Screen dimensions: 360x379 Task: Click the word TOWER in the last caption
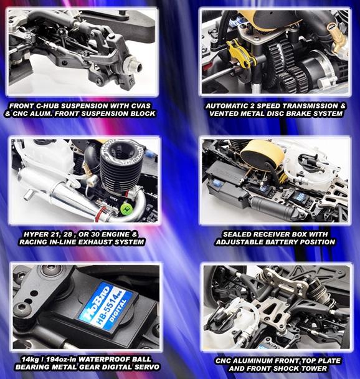click(315, 368)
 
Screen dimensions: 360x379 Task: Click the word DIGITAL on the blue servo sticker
click(118, 310)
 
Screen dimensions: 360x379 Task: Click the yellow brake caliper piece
click(242, 54)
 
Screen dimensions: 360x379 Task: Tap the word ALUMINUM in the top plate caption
click(253, 361)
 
